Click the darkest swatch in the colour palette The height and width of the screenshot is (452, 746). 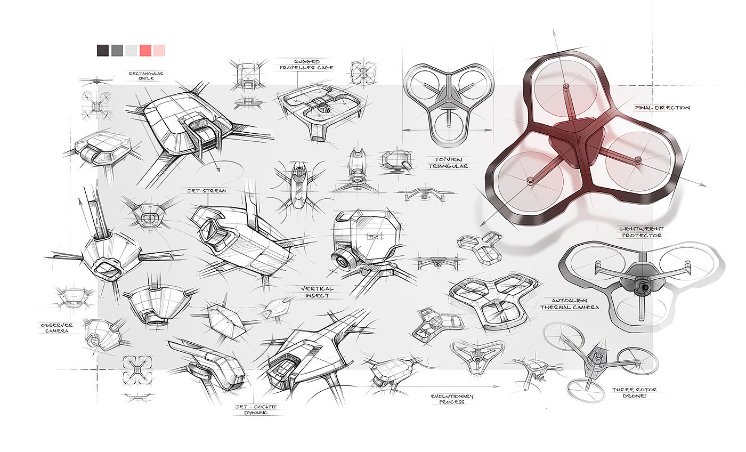point(103,51)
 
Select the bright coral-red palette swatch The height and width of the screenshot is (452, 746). point(145,51)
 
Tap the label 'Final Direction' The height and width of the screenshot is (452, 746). point(662,108)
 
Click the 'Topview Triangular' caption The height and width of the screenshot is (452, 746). point(448,162)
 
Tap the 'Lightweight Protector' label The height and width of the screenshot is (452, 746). point(641,232)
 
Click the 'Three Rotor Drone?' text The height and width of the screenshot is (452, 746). point(634,393)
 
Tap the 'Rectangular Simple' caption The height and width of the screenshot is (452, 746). point(142,75)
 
